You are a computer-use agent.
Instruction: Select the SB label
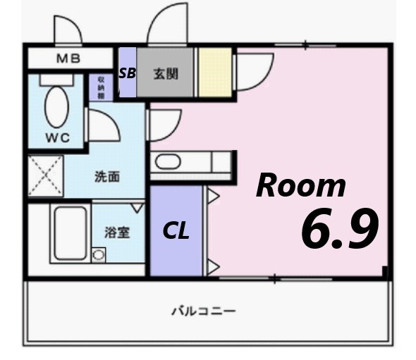tap(128, 72)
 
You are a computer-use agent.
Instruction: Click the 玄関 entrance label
tap(166, 72)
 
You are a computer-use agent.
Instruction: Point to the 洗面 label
tap(107, 176)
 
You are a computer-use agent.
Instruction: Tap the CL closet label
tap(176, 231)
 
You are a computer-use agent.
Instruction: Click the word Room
tap(301, 185)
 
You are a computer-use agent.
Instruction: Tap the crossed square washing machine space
tap(45, 176)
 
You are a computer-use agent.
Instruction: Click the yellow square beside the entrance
tap(214, 72)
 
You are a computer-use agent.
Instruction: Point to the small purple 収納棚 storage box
tap(100, 86)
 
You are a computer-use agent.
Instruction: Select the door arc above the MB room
tap(69, 31)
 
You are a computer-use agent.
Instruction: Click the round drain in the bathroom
tap(98, 255)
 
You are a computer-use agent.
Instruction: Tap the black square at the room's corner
tap(385, 272)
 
